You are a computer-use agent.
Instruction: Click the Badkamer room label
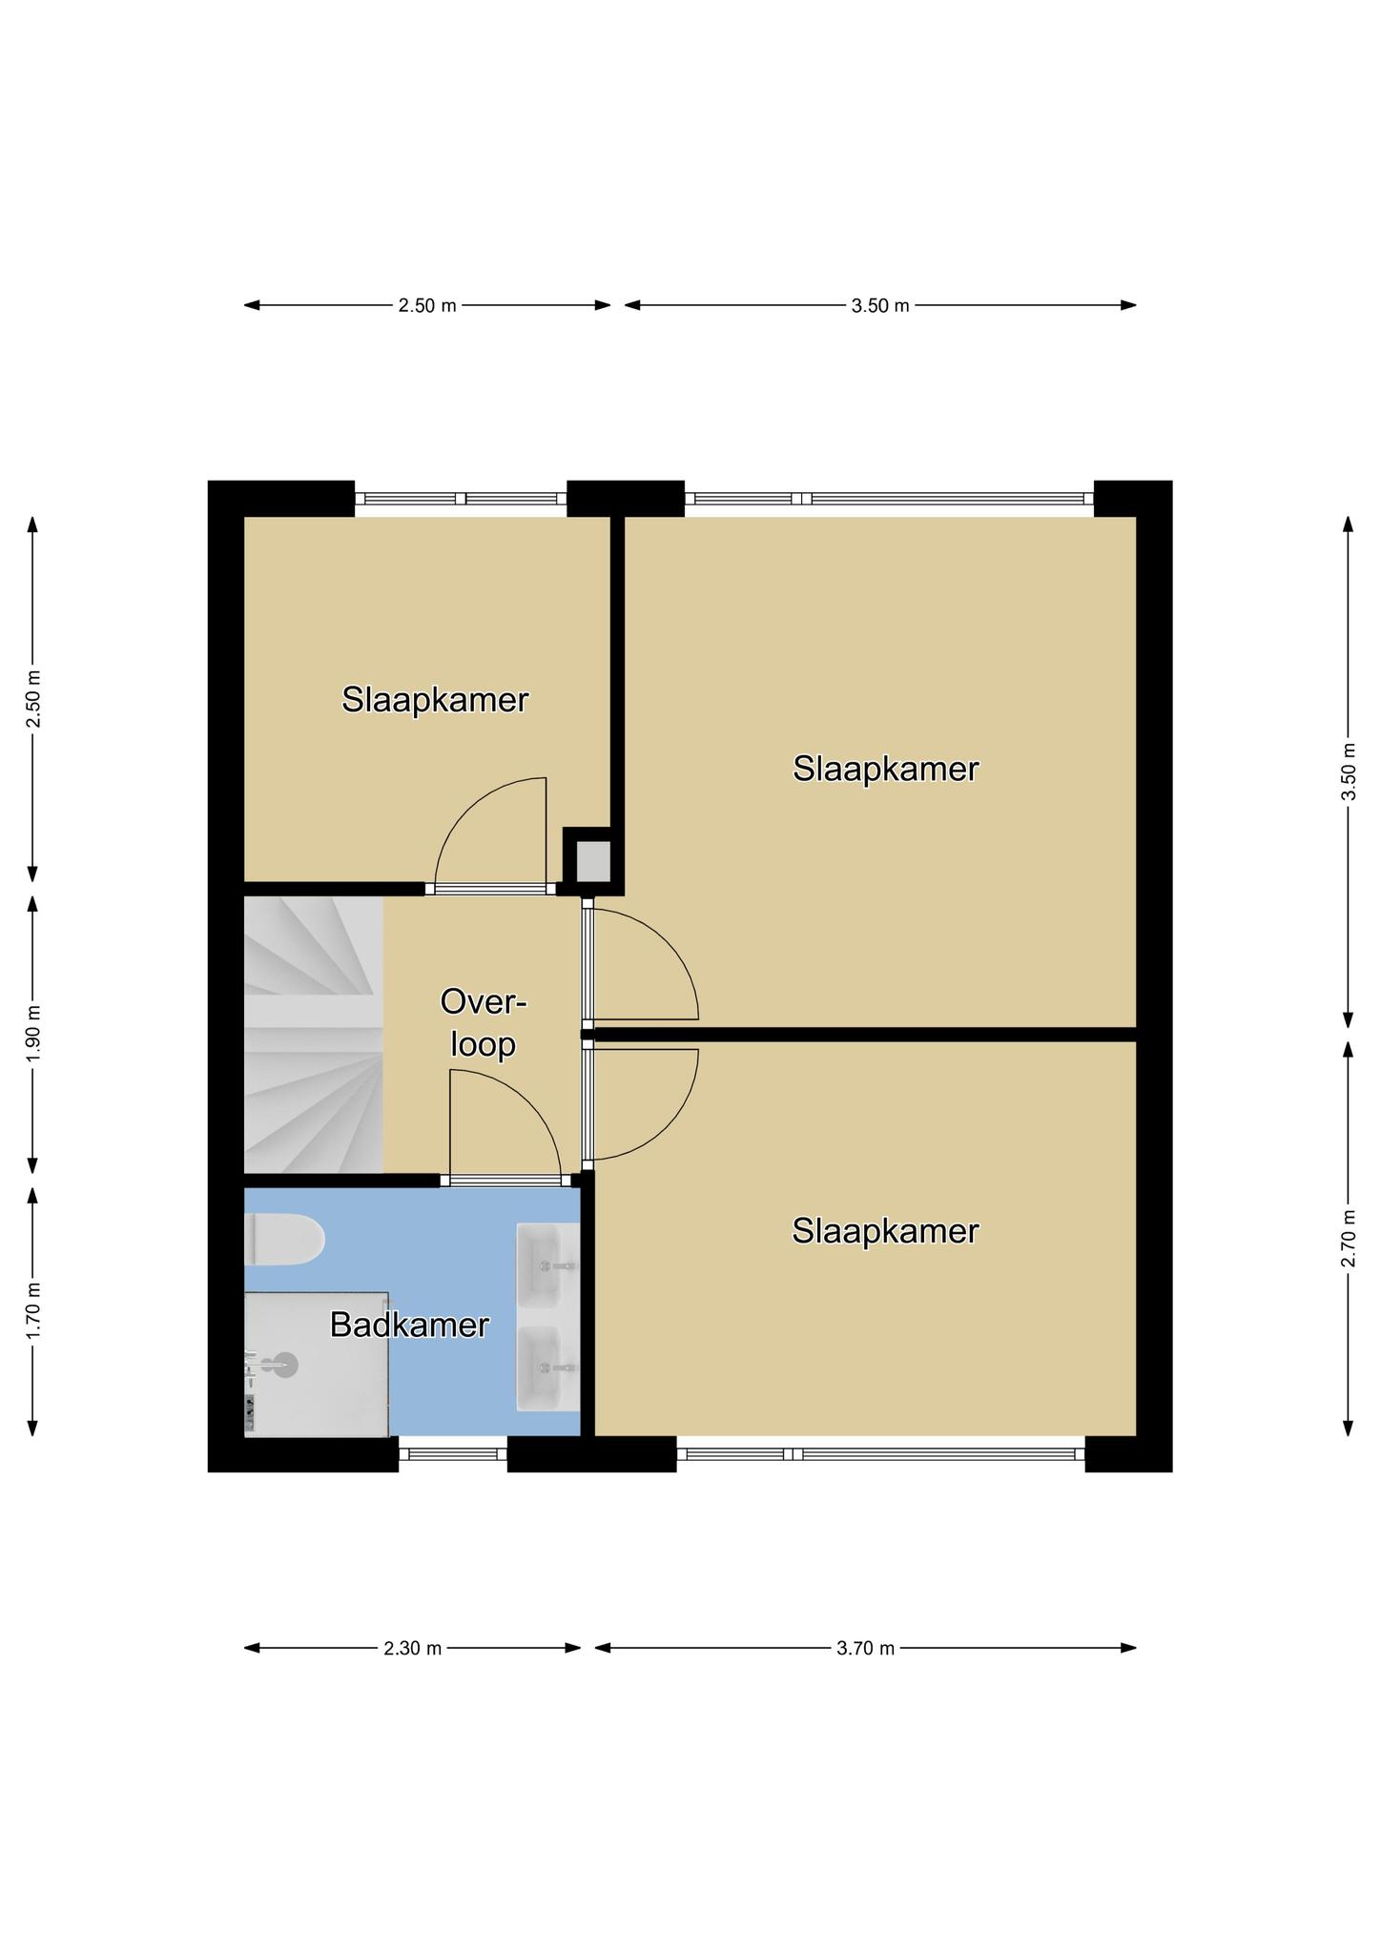pyautogui.click(x=409, y=1325)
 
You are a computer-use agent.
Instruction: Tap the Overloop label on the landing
pyautogui.click(x=484, y=1023)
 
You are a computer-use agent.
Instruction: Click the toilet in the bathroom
pyautogui.click(x=284, y=1240)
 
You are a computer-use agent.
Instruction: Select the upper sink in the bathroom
pyautogui.click(x=548, y=1264)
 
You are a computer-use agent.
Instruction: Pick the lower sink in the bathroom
pyautogui.click(x=548, y=1367)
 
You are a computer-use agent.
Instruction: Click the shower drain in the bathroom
pyautogui.click(x=285, y=1365)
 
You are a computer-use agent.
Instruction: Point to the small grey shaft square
pyautogui.click(x=592, y=861)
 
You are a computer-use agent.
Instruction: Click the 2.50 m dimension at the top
pyautogui.click(x=427, y=305)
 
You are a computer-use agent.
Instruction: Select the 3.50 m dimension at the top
pyautogui.click(x=880, y=305)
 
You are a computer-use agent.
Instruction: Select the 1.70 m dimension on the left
pyautogui.click(x=32, y=1311)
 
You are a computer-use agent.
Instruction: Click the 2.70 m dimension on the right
pyautogui.click(x=1348, y=1238)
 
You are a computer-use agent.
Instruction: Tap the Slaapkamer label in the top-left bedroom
pyautogui.click(x=435, y=700)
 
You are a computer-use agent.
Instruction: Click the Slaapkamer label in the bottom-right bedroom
pyautogui.click(x=885, y=1231)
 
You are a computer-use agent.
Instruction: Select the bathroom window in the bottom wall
pyautogui.click(x=453, y=1454)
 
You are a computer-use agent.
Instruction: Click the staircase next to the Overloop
pyautogui.click(x=314, y=1034)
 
